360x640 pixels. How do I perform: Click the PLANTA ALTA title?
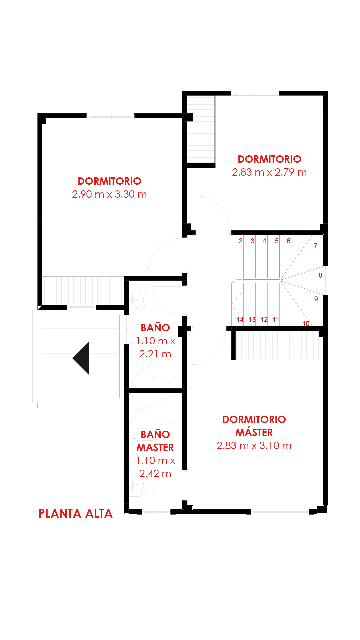tap(76, 513)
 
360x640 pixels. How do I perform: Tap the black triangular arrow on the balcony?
tap(81, 358)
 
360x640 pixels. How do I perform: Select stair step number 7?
tap(316, 246)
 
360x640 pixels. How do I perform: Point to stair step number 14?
tap(240, 320)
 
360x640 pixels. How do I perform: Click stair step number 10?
tap(306, 324)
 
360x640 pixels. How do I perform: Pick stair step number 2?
tap(240, 241)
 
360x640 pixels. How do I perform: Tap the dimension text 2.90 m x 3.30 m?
tap(109, 194)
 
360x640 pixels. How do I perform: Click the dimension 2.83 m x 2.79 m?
tap(269, 172)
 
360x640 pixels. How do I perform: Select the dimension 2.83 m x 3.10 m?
tap(254, 445)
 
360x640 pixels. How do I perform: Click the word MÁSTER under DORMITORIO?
tap(254, 432)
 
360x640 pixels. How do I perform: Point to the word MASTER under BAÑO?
tap(155, 447)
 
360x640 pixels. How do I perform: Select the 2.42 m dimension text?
tap(155, 473)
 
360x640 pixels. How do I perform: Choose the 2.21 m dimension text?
tap(155, 354)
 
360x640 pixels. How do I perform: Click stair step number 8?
tap(320, 275)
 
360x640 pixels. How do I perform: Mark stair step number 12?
tap(264, 320)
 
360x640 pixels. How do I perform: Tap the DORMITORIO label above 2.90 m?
tap(109, 181)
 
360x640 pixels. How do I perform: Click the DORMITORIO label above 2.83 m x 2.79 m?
tap(269, 159)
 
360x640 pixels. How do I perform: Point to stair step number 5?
tap(277, 241)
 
